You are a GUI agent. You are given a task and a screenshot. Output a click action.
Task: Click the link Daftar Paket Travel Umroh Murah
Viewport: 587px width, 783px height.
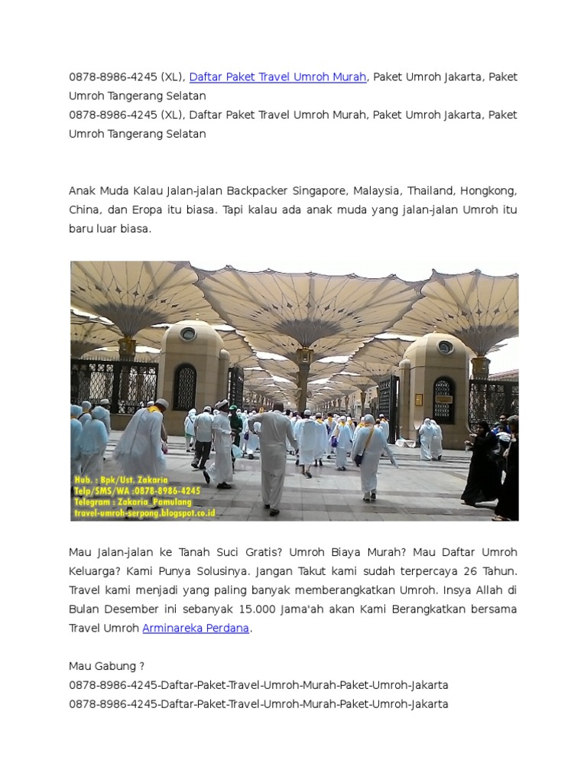click(278, 77)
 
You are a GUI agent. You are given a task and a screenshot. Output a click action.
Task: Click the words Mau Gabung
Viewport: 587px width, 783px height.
click(106, 666)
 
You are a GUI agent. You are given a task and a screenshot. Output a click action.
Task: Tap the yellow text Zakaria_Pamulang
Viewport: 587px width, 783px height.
click(157, 502)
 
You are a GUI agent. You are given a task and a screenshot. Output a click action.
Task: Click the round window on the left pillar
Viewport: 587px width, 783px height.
click(187, 334)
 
